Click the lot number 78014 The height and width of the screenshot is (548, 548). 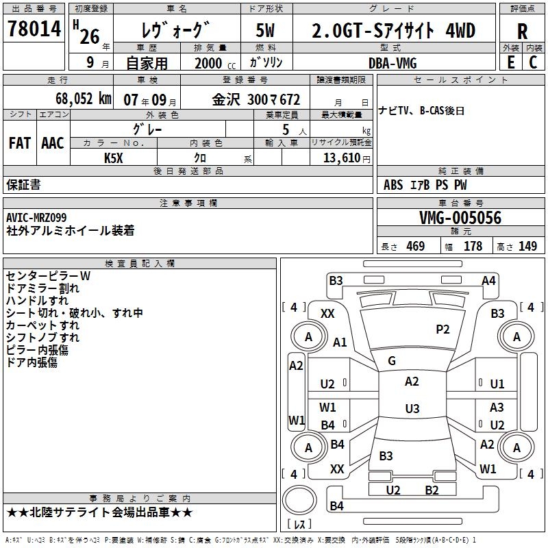pyautogui.click(x=34, y=29)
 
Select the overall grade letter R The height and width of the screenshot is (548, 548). pyautogui.click(x=522, y=32)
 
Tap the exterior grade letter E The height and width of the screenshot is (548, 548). pyautogui.click(x=510, y=62)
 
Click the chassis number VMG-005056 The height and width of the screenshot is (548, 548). pyautogui.click(x=460, y=218)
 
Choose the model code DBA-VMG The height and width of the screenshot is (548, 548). pyautogui.click(x=393, y=62)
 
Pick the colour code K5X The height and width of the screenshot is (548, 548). pyautogui.click(x=114, y=158)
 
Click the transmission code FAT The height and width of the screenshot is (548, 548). pyautogui.click(x=19, y=142)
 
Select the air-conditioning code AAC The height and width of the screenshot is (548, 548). pyautogui.click(x=52, y=142)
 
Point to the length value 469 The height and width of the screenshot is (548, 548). pyautogui.click(x=415, y=247)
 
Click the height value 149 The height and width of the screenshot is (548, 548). pyautogui.click(x=527, y=247)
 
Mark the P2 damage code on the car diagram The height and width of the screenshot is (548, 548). pyautogui.click(x=443, y=329)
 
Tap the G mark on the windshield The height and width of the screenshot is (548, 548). pyautogui.click(x=392, y=360)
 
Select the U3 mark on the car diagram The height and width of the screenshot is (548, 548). pyautogui.click(x=412, y=409)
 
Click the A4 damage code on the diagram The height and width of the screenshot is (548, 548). pyautogui.click(x=488, y=280)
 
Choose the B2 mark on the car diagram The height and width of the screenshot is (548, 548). pyautogui.click(x=432, y=490)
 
